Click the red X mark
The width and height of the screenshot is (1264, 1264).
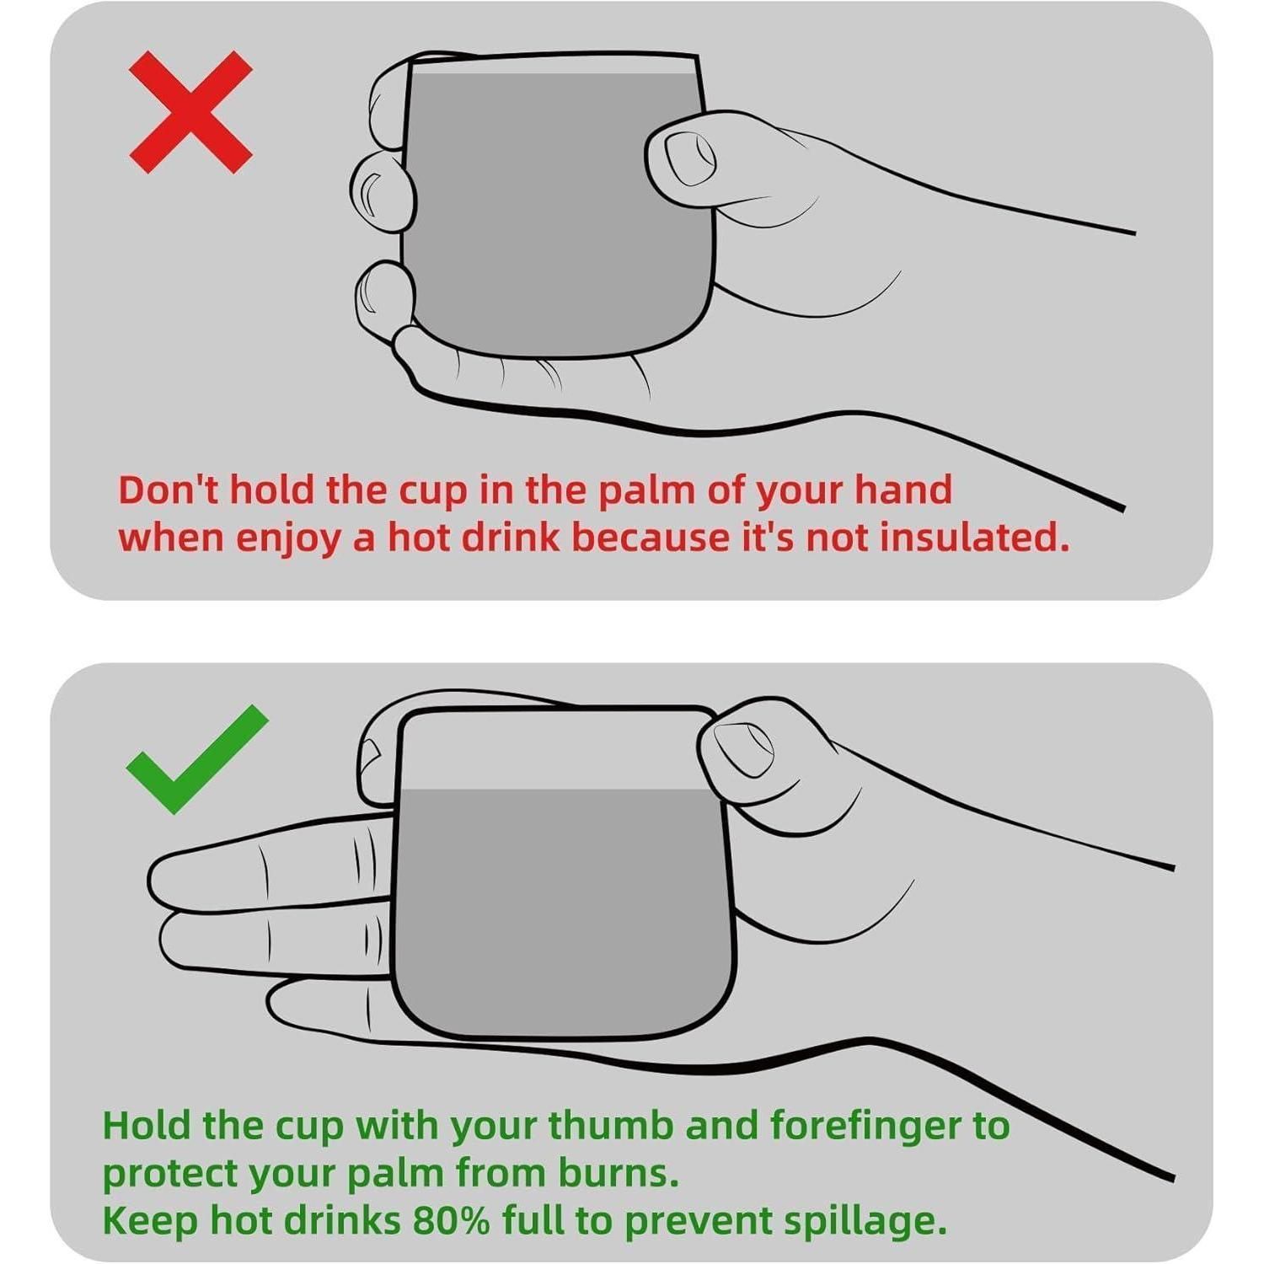tap(190, 112)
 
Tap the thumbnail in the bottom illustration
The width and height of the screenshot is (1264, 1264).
tap(743, 750)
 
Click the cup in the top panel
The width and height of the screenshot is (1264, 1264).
tap(556, 206)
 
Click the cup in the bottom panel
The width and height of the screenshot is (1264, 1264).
tap(563, 872)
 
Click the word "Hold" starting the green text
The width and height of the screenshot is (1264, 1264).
tap(146, 1125)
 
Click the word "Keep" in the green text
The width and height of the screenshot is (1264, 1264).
tap(150, 1222)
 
